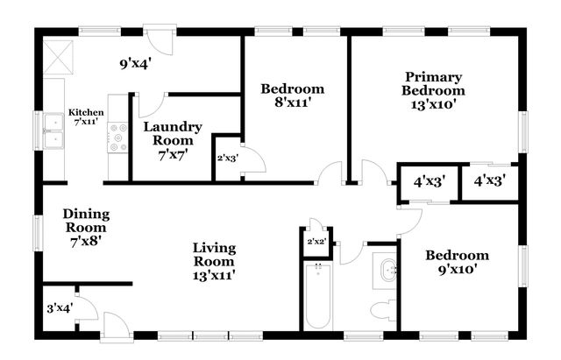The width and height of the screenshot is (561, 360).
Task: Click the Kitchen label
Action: (x=87, y=117)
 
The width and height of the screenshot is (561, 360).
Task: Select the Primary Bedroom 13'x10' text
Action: (x=433, y=90)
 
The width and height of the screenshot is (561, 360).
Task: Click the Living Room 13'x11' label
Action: (x=214, y=260)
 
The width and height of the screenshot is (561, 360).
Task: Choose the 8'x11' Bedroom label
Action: (x=293, y=95)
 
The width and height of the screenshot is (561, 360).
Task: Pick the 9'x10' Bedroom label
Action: (x=457, y=263)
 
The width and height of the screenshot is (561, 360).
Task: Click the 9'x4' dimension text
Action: (x=137, y=63)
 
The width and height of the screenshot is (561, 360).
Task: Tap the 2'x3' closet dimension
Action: (x=227, y=159)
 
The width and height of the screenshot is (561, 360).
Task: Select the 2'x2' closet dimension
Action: (x=316, y=241)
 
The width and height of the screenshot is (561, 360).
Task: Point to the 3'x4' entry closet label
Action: (x=59, y=307)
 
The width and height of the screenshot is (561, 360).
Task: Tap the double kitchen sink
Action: (x=53, y=138)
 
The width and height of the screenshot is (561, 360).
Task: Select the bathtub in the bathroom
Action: (x=317, y=297)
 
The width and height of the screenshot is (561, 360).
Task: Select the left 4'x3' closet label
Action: (x=429, y=183)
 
